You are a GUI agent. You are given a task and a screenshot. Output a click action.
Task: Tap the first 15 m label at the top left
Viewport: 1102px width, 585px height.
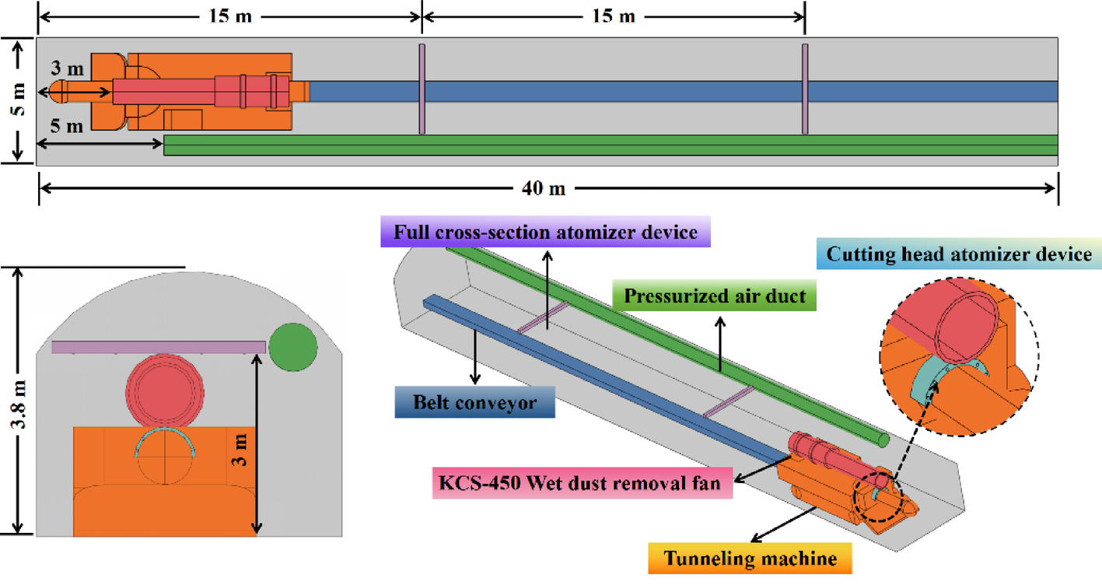[230, 16]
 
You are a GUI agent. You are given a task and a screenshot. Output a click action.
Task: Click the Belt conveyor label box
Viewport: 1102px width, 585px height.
[474, 402]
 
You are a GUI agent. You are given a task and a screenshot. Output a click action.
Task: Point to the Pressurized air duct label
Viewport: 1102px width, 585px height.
[714, 296]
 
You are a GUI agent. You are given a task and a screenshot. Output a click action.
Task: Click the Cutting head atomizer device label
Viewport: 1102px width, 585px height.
[958, 254]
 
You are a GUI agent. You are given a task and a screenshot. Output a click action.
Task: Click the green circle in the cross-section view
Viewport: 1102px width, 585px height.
[293, 345]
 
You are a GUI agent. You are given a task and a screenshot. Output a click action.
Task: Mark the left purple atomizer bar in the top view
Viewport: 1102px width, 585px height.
[422, 89]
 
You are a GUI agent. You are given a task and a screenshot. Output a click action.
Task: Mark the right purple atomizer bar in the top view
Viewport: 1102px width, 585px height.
[805, 89]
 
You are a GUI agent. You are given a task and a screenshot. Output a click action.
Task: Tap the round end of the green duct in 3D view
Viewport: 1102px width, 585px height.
[884, 440]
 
